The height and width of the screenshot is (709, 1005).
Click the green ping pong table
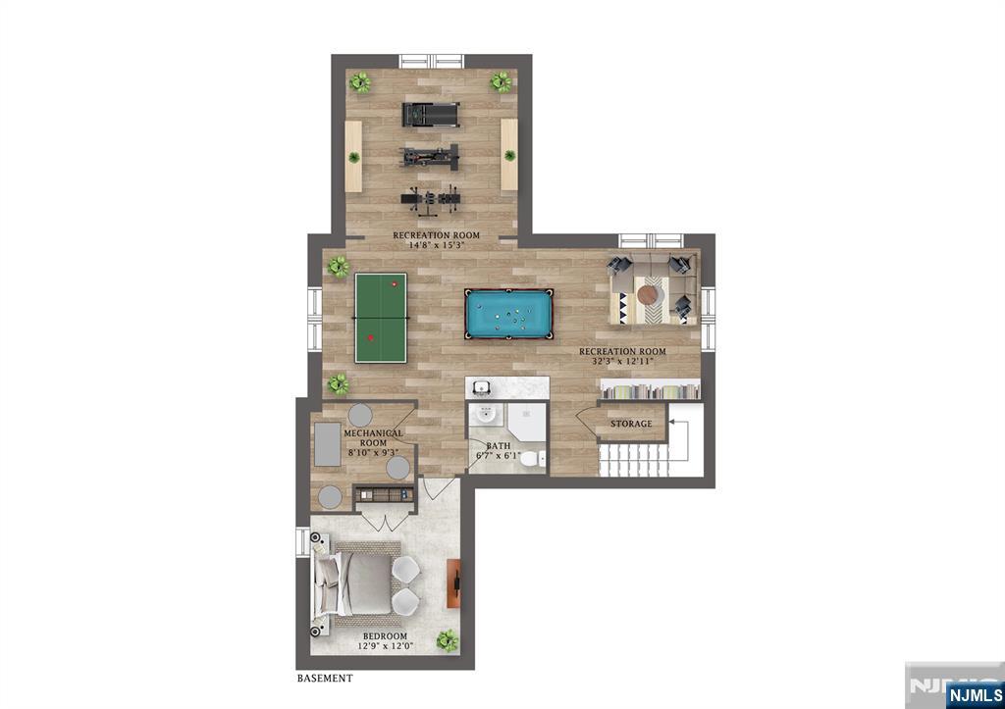point(382,318)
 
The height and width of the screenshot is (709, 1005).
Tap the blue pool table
point(509,314)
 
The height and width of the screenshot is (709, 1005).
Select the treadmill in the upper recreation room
point(431,115)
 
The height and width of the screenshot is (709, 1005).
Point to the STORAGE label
point(631,424)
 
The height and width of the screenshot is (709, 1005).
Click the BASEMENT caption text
point(325,679)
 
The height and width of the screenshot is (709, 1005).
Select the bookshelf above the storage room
point(650,390)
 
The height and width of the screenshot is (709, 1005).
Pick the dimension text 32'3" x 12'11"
point(622,361)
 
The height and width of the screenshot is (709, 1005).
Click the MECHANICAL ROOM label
point(373,438)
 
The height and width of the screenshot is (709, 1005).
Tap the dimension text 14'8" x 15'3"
point(436,244)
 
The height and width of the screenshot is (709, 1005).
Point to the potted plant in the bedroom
point(448,640)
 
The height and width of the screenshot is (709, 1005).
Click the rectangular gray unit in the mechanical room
point(328,444)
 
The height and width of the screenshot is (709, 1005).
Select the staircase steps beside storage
point(634,461)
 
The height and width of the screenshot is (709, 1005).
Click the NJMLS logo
point(975,695)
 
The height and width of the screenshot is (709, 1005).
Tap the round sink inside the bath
point(487,415)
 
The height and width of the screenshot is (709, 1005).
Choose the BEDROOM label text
point(385,636)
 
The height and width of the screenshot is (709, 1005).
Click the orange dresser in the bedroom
point(453,583)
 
